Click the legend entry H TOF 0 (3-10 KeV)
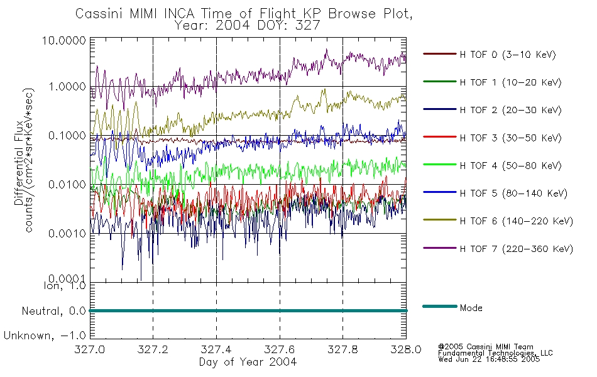coord(508,55)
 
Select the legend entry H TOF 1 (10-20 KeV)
coord(510,82)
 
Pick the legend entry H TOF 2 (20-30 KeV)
coord(510,110)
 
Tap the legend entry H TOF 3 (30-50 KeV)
coord(510,138)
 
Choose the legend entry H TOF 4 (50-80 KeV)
coord(510,166)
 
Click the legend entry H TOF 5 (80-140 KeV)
coord(513,194)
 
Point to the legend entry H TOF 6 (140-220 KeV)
coord(517,221)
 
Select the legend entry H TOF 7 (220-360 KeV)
coord(517,249)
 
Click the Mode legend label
coord(471,308)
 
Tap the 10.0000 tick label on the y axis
coord(64,41)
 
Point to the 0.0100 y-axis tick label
coord(67,185)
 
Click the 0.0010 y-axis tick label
coord(67,234)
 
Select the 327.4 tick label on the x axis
coord(216,349)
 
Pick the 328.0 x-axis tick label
coord(406,349)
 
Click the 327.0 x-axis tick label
coord(89,349)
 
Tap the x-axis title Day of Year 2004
coord(248,362)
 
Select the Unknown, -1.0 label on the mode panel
coord(45,336)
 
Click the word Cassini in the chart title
coord(100,14)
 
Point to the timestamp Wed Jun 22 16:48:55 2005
coord(489,359)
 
